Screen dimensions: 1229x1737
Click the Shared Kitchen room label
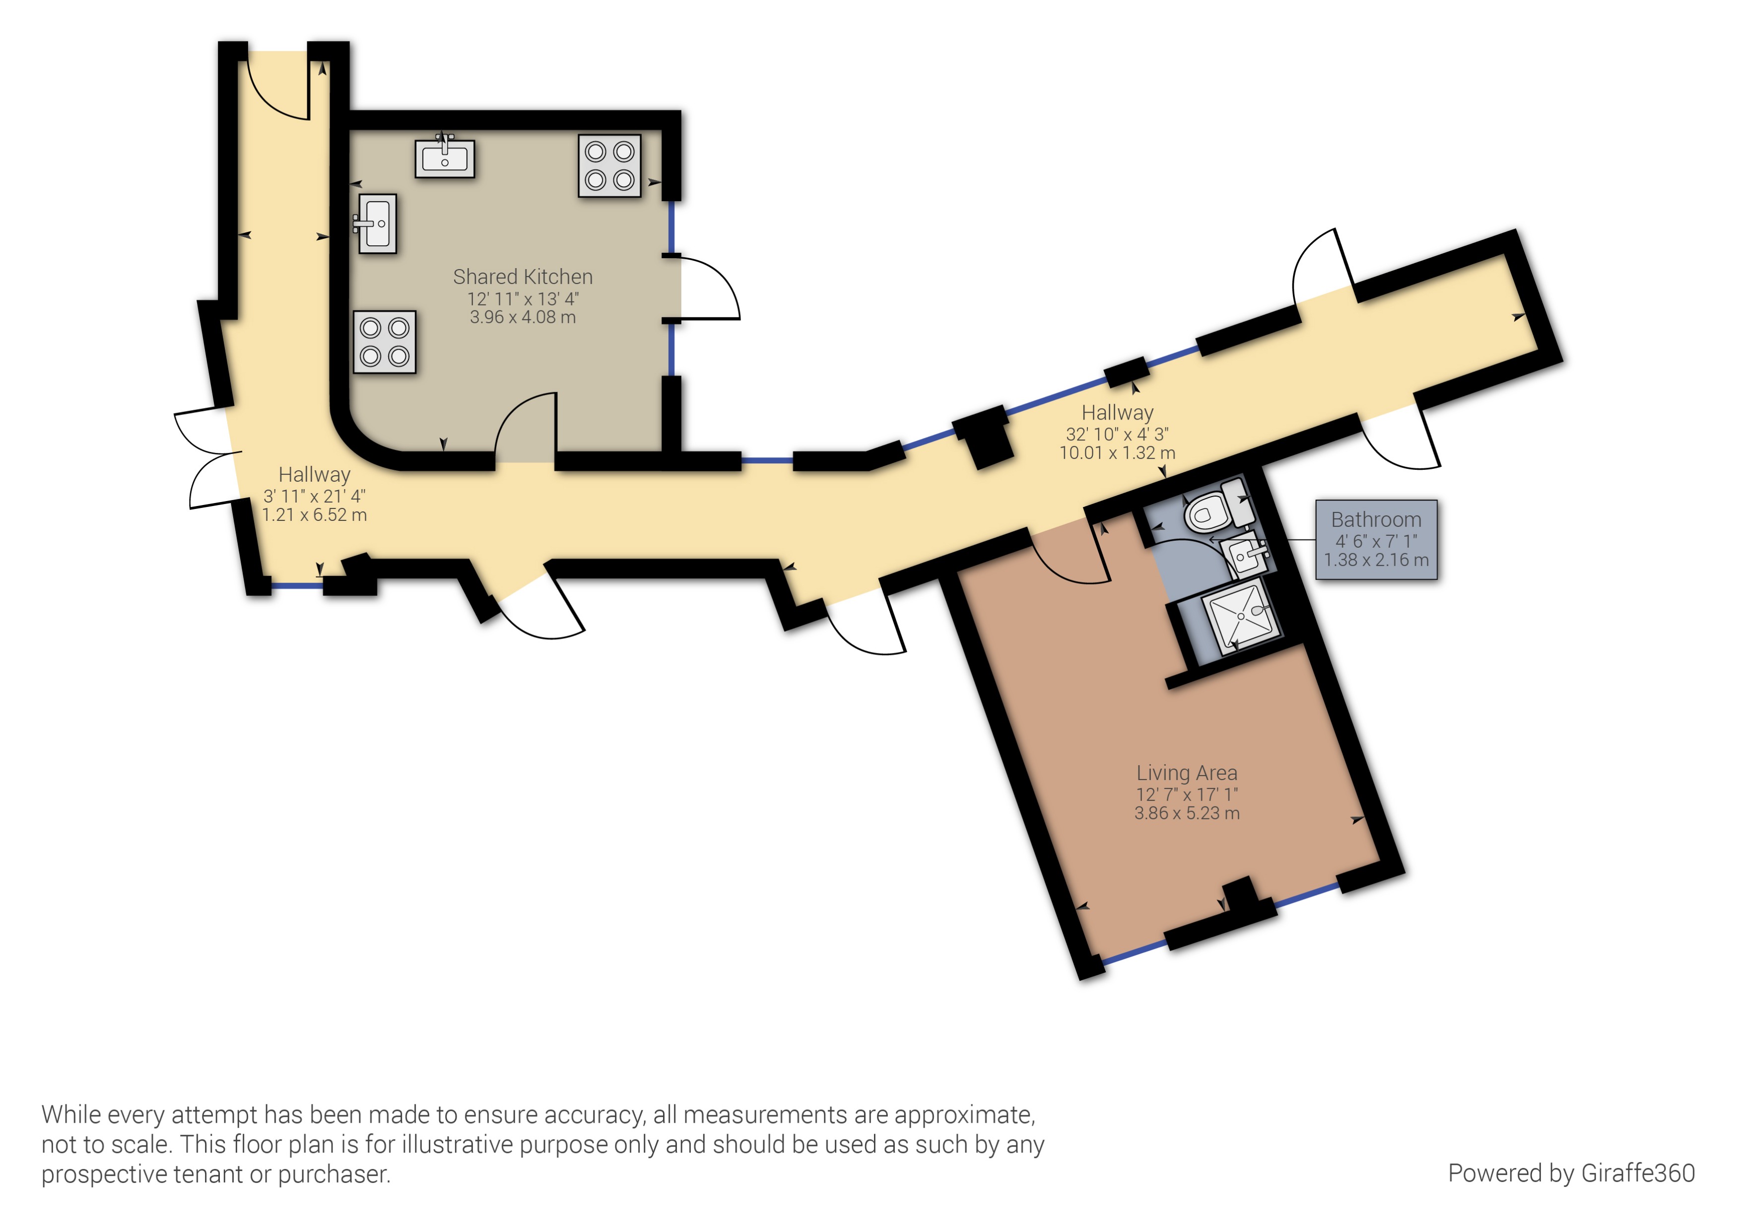pyautogui.click(x=522, y=277)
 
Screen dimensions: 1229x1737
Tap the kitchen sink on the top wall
pyautogui.click(x=445, y=159)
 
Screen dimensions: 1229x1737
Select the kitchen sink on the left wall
pyautogui.click(x=377, y=223)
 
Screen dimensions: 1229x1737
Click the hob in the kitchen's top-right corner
pyautogui.click(x=609, y=166)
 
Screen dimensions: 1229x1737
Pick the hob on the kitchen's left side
pyautogui.click(x=384, y=342)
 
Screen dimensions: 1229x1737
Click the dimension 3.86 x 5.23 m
pyautogui.click(x=1186, y=813)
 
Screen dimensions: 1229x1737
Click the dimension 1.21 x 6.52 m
pyautogui.click(x=314, y=515)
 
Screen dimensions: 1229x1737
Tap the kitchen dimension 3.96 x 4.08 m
pyautogui.click(x=522, y=318)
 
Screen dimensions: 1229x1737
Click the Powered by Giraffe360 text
pyautogui.click(x=1571, y=1173)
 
